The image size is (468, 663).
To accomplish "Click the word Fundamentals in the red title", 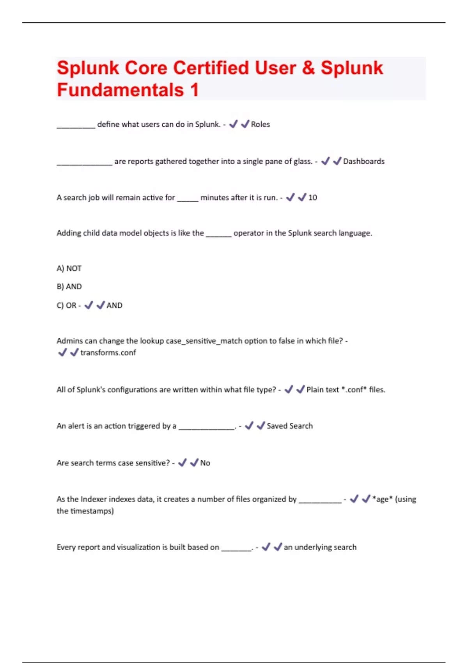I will (x=120, y=90).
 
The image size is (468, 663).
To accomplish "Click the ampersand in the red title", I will (x=308, y=68).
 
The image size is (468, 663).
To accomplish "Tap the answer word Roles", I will (x=260, y=124).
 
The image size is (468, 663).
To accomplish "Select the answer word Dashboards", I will (x=363, y=161).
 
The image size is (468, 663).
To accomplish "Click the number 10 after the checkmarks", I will (x=312, y=198).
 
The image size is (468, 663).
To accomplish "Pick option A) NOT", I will (x=69, y=269).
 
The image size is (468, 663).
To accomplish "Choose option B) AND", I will (x=69, y=287).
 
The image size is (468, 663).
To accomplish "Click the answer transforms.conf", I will (x=108, y=353).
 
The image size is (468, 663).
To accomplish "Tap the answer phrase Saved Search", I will (x=289, y=426).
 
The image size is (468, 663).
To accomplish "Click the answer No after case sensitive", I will (x=205, y=463).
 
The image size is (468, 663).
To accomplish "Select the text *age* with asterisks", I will (x=382, y=499).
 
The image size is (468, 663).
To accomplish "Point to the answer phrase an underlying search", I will (x=320, y=547).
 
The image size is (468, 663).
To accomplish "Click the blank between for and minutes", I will (x=188, y=199).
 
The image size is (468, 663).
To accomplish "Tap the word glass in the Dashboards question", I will (x=302, y=161).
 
